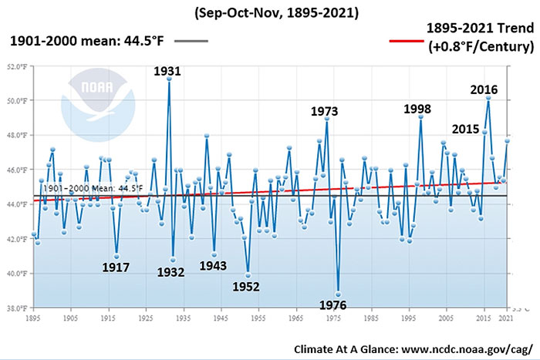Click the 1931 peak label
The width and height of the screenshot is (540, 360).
[x=167, y=71]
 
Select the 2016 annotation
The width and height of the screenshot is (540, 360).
[x=484, y=89]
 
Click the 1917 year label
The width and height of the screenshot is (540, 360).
[x=116, y=268]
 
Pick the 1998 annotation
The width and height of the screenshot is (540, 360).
[x=417, y=109]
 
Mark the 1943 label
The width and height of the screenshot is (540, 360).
[x=213, y=266]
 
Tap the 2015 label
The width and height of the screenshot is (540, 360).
[x=465, y=128]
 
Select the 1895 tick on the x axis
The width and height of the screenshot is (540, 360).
[x=33, y=316]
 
